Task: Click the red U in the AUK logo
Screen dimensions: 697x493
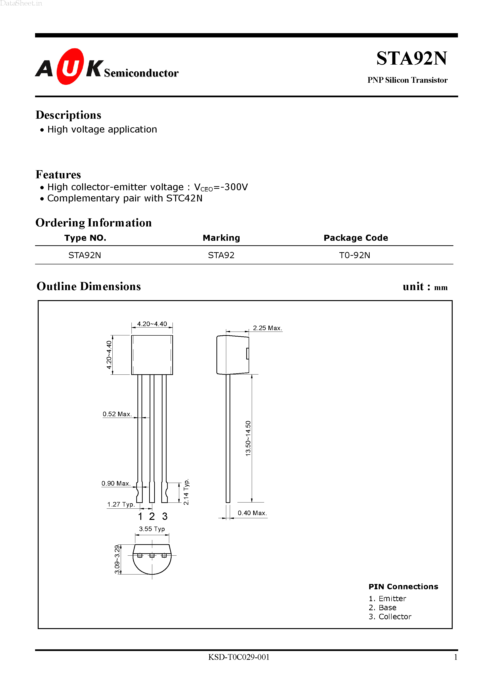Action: point(70,67)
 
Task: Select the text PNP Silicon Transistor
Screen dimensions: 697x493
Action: point(407,80)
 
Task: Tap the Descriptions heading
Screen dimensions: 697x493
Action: point(68,115)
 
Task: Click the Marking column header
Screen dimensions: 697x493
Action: point(221,238)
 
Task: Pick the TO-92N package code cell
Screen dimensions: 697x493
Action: point(354,255)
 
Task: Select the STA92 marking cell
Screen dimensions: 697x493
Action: point(221,255)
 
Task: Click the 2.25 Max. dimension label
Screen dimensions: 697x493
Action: point(267,328)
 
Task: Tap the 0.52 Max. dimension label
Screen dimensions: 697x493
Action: point(117,414)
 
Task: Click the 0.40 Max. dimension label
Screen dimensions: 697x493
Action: point(252,513)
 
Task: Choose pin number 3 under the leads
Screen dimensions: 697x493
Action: point(165,516)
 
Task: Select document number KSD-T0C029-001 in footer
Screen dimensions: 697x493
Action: point(239,657)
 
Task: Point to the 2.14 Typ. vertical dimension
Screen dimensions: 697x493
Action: point(186,492)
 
